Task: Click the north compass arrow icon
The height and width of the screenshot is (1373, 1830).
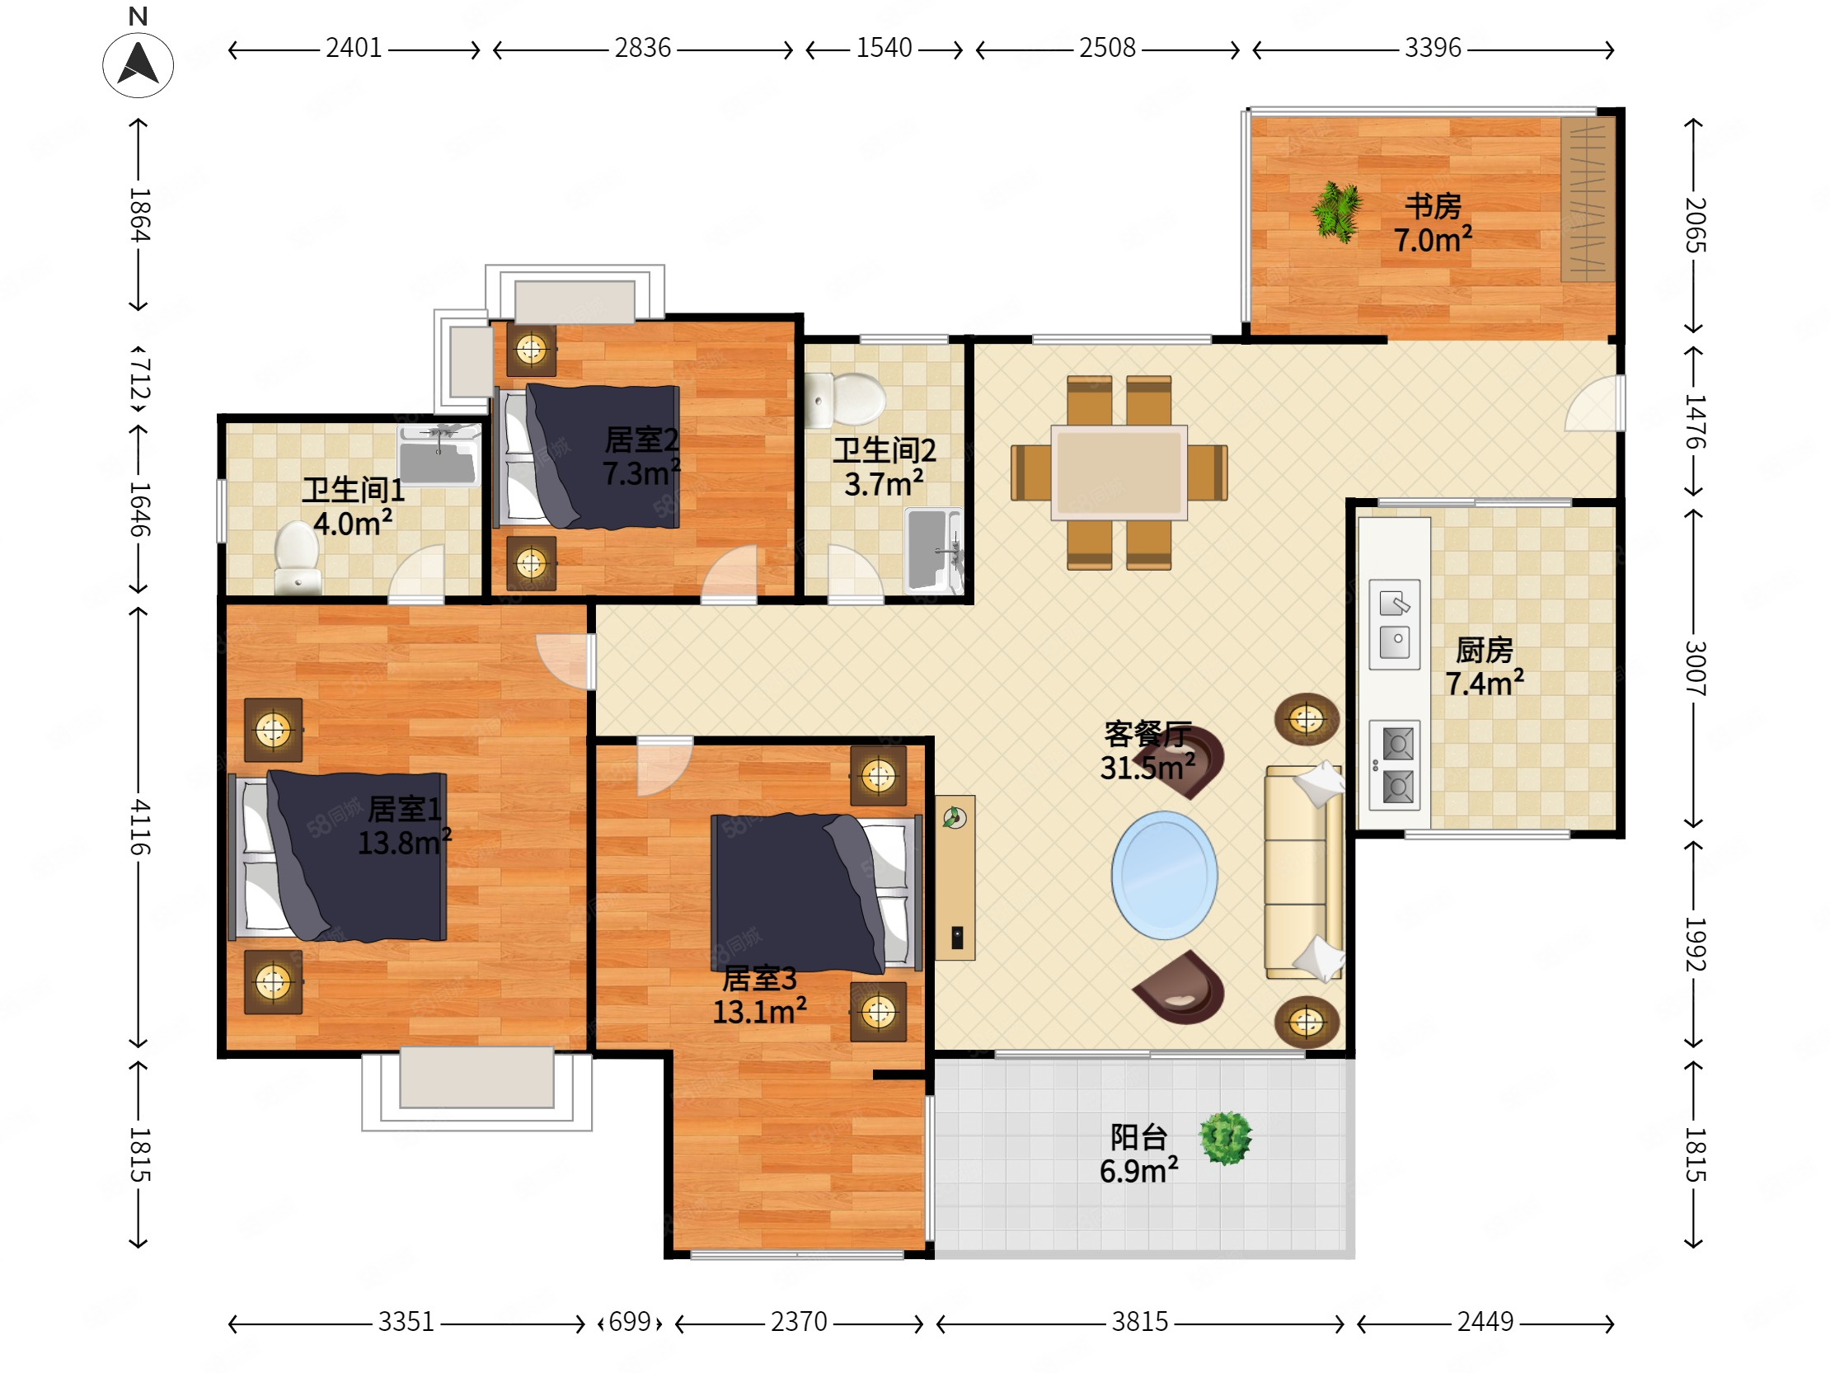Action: pyautogui.click(x=138, y=64)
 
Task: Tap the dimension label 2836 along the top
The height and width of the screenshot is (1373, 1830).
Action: pyautogui.click(x=642, y=48)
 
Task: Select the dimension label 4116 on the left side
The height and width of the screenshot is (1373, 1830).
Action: pyautogui.click(x=139, y=827)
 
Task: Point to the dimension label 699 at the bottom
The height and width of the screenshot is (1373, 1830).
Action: pyautogui.click(x=630, y=1322)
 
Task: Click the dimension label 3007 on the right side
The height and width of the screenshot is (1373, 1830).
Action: pyautogui.click(x=1694, y=668)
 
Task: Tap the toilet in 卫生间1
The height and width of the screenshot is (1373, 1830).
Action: pyautogui.click(x=297, y=557)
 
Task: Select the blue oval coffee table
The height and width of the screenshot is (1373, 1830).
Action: pyautogui.click(x=1164, y=875)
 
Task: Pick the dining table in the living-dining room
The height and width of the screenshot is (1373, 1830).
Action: pyautogui.click(x=1119, y=473)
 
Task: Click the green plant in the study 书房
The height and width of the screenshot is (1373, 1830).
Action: pyautogui.click(x=1336, y=212)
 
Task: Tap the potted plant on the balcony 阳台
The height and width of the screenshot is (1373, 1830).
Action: pyautogui.click(x=1226, y=1138)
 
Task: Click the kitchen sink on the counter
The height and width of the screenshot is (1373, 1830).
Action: pyautogui.click(x=1394, y=624)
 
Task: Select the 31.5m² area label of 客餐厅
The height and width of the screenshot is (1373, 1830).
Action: pyautogui.click(x=1147, y=767)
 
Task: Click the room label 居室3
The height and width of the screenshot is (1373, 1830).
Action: pyautogui.click(x=758, y=978)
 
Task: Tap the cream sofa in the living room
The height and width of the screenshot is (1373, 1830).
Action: pyautogui.click(x=1303, y=872)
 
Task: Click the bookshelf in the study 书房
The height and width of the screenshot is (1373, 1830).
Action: pyautogui.click(x=1588, y=200)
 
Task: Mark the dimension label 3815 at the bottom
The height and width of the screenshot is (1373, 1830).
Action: pyautogui.click(x=1139, y=1322)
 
